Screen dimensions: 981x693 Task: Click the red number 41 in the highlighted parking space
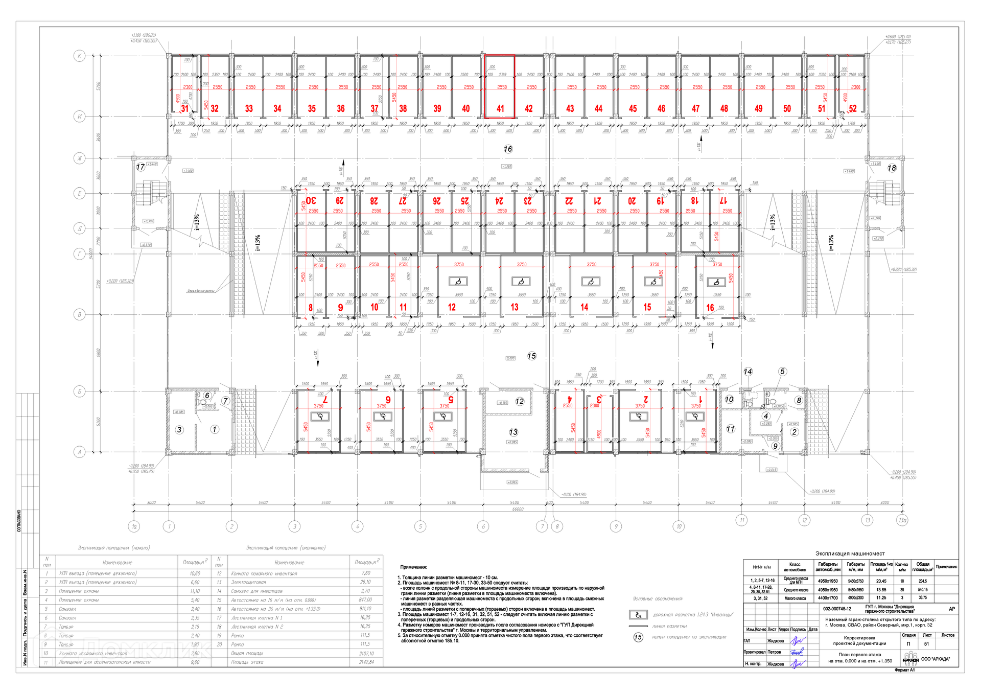coord(500,108)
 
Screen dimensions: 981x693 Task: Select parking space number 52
coord(853,108)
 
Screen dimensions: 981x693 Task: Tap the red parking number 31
coord(184,108)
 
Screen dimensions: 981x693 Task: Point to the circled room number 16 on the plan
coord(508,149)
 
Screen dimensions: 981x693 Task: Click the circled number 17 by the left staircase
coord(141,167)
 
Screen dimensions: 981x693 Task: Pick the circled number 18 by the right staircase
coord(892,168)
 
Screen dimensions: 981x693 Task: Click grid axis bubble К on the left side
coord(79,56)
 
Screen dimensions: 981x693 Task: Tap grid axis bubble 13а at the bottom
coord(902,521)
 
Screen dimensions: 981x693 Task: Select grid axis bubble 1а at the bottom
coord(134,526)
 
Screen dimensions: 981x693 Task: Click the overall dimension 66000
coord(518,509)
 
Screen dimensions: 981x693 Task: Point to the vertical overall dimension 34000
coord(91,253)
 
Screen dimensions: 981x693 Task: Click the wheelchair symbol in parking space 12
coord(458,282)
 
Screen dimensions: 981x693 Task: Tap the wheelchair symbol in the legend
coord(638,615)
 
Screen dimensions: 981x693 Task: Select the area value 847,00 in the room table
coord(365,600)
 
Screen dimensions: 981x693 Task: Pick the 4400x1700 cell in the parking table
coord(828,598)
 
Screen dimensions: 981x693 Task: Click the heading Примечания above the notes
coord(413,567)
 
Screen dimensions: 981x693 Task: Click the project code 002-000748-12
coord(837,609)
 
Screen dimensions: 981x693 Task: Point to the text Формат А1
coord(904,670)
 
